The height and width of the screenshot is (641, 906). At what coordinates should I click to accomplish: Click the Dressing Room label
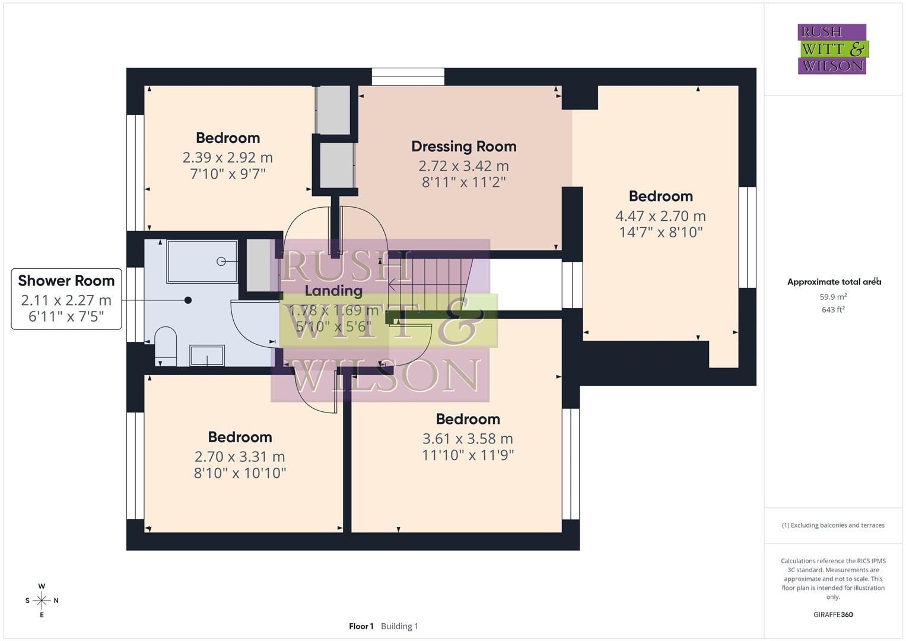(463, 146)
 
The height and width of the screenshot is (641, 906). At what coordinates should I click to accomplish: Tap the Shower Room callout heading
(66, 281)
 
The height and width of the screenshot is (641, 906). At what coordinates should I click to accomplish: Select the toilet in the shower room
(166, 347)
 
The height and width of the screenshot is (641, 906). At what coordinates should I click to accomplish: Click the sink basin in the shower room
(207, 356)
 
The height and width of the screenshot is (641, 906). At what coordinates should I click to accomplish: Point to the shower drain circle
(221, 261)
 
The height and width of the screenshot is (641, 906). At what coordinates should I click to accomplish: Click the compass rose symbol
(42, 601)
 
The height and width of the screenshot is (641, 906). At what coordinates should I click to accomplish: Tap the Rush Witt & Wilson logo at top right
(832, 49)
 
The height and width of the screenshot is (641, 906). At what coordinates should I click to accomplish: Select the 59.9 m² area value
(833, 297)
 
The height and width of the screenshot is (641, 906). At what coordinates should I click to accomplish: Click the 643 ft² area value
(833, 310)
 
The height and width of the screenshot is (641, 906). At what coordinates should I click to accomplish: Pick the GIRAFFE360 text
(833, 614)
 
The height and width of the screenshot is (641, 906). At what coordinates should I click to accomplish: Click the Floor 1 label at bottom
(361, 626)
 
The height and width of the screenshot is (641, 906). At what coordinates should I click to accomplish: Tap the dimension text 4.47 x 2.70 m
(660, 216)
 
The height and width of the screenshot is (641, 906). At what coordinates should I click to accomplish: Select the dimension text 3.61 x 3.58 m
(468, 439)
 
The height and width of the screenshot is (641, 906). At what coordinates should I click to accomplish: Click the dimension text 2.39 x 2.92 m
(228, 157)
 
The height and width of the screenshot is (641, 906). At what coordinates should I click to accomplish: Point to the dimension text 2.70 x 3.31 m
(240, 456)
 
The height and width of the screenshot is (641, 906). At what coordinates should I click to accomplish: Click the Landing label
(333, 291)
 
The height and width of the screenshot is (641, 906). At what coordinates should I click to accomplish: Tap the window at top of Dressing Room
(408, 77)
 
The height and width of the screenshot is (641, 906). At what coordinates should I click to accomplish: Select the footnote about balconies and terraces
(833, 525)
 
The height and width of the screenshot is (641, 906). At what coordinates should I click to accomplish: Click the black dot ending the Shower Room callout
(188, 300)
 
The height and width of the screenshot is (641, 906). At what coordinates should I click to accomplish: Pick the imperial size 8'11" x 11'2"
(463, 182)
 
